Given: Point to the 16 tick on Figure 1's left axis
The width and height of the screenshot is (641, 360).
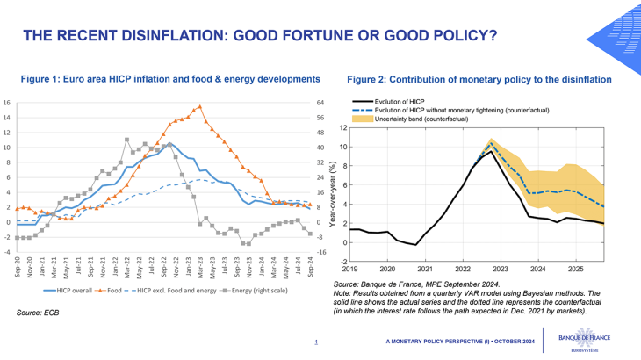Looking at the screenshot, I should tap(8, 103).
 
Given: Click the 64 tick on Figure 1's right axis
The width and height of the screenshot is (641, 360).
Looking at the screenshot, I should tap(320, 103).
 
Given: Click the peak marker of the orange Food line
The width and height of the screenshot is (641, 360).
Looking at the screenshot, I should tap(200, 107).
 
